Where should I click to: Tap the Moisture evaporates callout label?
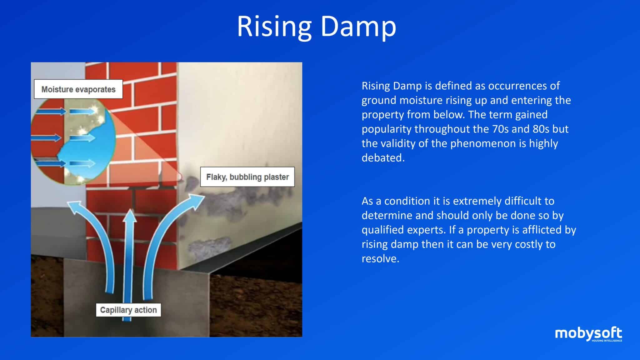pyautogui.click(x=78, y=89)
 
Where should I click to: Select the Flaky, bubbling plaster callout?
pyautogui.click(x=247, y=177)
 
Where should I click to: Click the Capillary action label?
pyautogui.click(x=128, y=310)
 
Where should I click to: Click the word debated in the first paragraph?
pyautogui.click(x=383, y=158)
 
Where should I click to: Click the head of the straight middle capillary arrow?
pyautogui.click(x=129, y=216)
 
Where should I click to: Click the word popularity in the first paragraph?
pyautogui.click(x=386, y=129)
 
